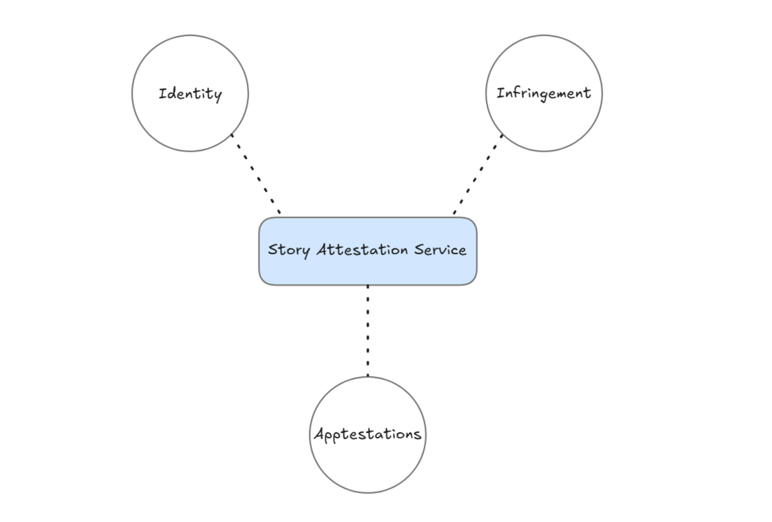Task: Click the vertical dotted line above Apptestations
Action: coord(368,331)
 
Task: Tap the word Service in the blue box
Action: coord(440,250)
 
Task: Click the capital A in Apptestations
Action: coord(320,434)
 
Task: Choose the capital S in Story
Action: coord(273,249)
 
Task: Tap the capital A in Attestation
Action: coord(324,250)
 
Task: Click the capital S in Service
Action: coord(419,250)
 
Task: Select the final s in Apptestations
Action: coord(417,435)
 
